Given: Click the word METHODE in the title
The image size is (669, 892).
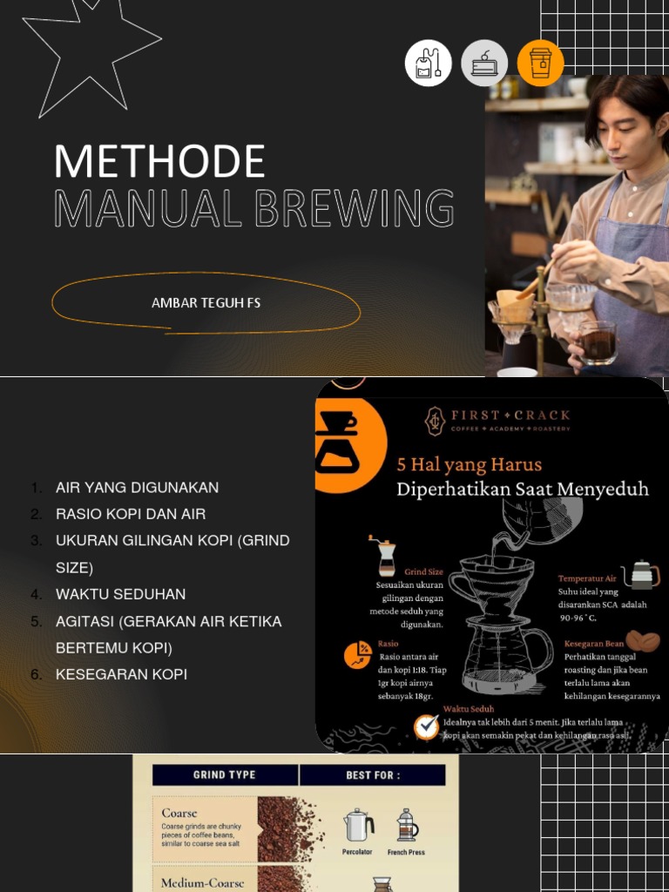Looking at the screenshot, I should tap(159, 162).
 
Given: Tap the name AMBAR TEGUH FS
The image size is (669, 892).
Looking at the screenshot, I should tap(206, 303).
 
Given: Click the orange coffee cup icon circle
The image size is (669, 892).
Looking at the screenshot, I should tap(540, 64).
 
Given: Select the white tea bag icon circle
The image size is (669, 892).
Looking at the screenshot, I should tap(429, 64).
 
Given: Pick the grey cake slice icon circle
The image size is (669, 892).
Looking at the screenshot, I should tap(484, 64).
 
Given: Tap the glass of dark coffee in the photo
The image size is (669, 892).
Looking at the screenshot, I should tap(598, 341).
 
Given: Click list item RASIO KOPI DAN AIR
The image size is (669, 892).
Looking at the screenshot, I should tap(131, 514).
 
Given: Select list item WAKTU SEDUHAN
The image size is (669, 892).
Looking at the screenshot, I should tap(120, 594).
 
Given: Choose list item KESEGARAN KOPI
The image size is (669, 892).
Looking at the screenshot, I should tap(121, 674).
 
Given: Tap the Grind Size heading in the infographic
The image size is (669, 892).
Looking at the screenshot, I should tap(423, 572).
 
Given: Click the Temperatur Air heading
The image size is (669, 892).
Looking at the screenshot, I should tap(586, 578).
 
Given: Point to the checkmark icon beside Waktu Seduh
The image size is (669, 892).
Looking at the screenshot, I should tap(426, 726).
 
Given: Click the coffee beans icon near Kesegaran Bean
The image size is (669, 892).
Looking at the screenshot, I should tap(642, 642).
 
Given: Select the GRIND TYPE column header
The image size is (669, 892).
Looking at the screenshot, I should tap(224, 774).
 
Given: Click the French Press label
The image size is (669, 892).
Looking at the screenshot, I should tap(406, 852).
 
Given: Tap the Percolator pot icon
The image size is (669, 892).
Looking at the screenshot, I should tap(358, 825).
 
